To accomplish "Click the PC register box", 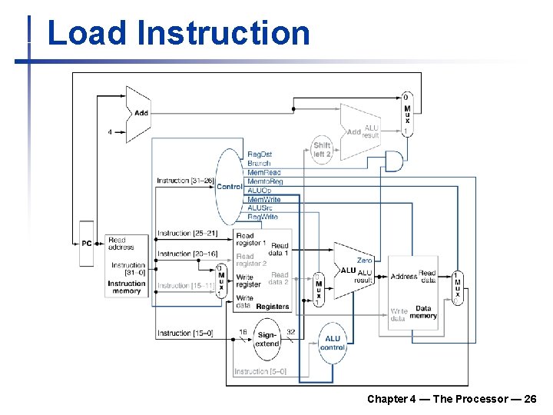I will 87,243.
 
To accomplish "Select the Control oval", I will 228,186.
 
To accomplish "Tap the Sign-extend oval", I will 267,340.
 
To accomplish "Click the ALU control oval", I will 333,343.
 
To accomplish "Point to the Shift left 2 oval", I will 322,149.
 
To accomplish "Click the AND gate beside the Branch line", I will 393,161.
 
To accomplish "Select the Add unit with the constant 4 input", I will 137,114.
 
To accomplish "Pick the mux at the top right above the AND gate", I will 407,114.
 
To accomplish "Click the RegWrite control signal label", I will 263,217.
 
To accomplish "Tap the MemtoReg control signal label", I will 265,181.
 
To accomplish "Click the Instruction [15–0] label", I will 185,333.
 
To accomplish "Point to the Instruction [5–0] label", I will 260,371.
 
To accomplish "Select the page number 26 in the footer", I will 530,399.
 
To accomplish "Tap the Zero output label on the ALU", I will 364,261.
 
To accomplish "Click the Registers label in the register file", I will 273,306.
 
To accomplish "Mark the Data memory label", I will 423,312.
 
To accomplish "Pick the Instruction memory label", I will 127,287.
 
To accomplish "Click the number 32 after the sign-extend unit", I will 291,332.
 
